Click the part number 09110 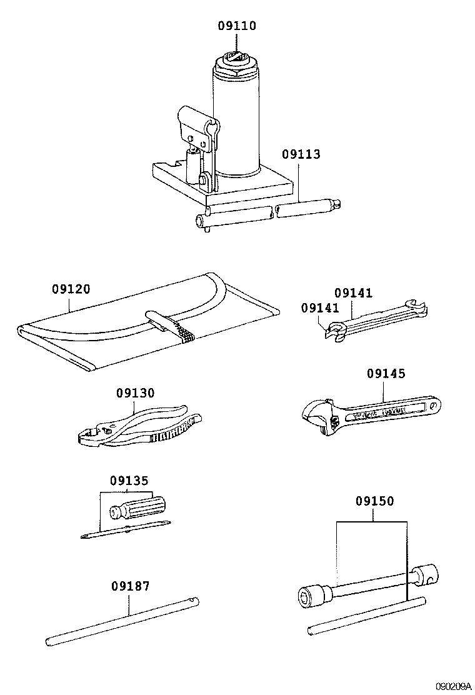tap(237, 26)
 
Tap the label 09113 tap(301, 154)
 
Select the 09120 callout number tap(71, 289)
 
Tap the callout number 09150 tap(375, 501)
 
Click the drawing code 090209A tap(452, 686)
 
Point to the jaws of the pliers tap(94, 434)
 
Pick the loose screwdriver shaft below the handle tap(125, 530)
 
